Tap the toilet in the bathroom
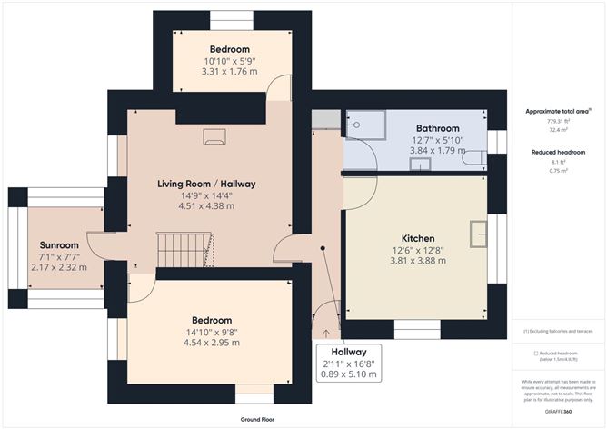coord(474,158)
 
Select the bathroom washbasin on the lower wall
coord(420,164)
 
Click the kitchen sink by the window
coord(478,234)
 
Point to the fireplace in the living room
coord(214,136)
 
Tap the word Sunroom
coord(59,245)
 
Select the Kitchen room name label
coord(417,238)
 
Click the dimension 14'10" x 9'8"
coord(211,332)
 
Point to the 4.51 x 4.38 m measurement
coord(205,206)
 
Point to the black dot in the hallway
coord(322,247)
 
